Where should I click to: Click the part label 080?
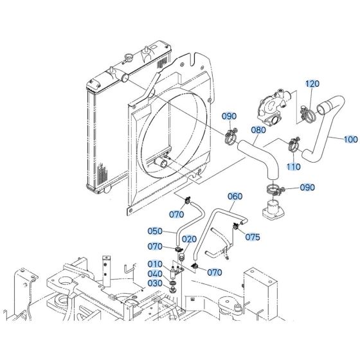pyautogui.click(x=258, y=129)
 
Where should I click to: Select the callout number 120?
pyautogui.click(x=312, y=84)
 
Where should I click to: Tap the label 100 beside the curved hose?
pyautogui.click(x=351, y=139)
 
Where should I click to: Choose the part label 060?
pyautogui.click(x=235, y=197)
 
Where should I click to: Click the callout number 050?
pyautogui.click(x=154, y=231)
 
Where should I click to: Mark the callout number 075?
pyautogui.click(x=253, y=237)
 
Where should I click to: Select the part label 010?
pyautogui.click(x=155, y=264)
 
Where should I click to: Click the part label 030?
pyautogui.click(x=155, y=283)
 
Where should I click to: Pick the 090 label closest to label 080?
pyautogui.click(x=230, y=116)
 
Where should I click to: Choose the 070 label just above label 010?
pyautogui.click(x=156, y=246)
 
